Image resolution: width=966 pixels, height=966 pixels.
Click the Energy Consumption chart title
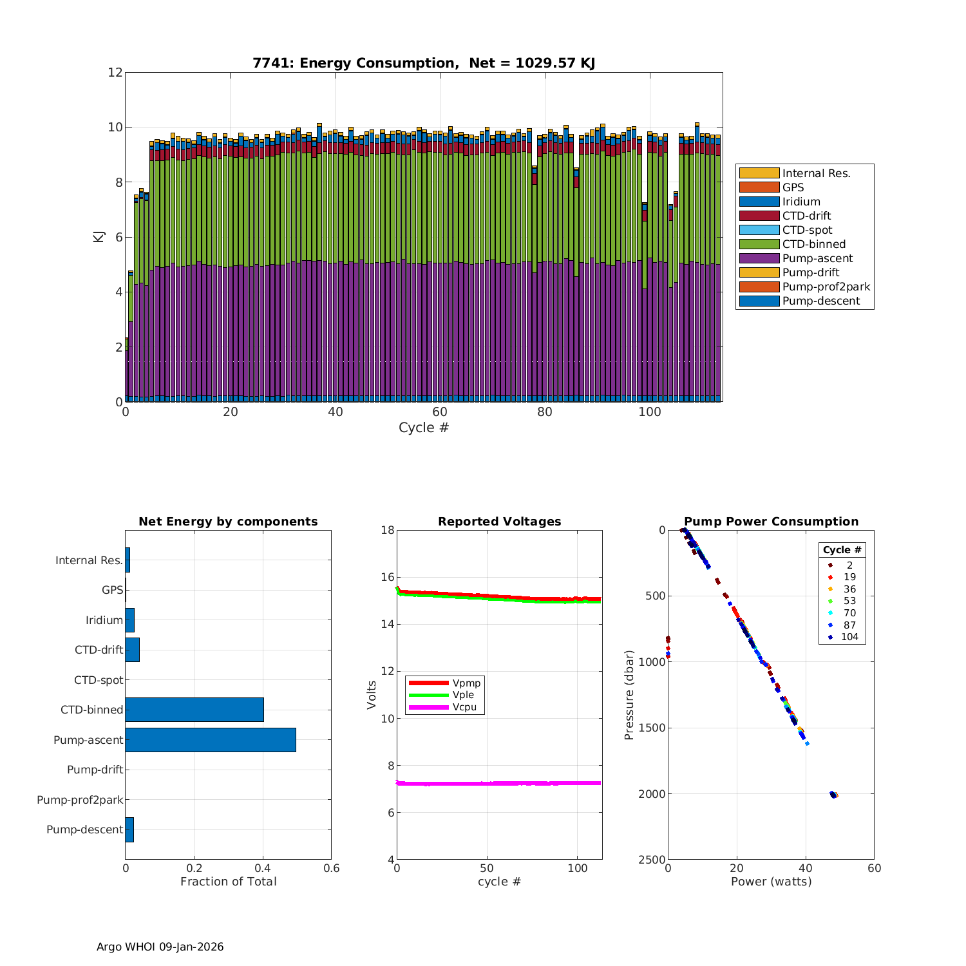[423, 63]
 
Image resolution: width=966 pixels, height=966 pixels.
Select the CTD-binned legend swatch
[759, 244]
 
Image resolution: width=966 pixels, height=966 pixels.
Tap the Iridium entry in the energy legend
[801, 202]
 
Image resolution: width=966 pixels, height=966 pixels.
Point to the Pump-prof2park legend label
[826, 287]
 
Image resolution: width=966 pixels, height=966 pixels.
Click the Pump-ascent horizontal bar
[211, 740]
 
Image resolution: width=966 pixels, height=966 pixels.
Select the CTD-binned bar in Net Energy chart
[194, 710]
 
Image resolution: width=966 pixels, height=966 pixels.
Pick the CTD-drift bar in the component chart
[132, 650]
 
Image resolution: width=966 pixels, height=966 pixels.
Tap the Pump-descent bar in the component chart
[129, 829]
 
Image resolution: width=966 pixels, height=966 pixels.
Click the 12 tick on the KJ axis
[115, 72]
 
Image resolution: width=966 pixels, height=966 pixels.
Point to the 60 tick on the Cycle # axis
[440, 413]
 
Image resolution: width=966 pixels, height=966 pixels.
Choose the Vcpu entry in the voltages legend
[464, 707]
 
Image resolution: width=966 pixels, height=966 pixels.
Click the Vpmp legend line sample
[428, 683]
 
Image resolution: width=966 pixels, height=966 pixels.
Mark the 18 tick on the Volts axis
[387, 530]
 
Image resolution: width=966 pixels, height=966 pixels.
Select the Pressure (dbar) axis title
[629, 695]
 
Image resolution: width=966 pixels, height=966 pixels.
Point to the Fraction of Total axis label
[228, 882]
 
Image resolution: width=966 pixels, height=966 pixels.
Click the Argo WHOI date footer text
[160, 947]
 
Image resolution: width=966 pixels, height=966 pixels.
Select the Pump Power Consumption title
[771, 522]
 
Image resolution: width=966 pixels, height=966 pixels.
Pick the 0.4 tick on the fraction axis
[263, 868]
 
